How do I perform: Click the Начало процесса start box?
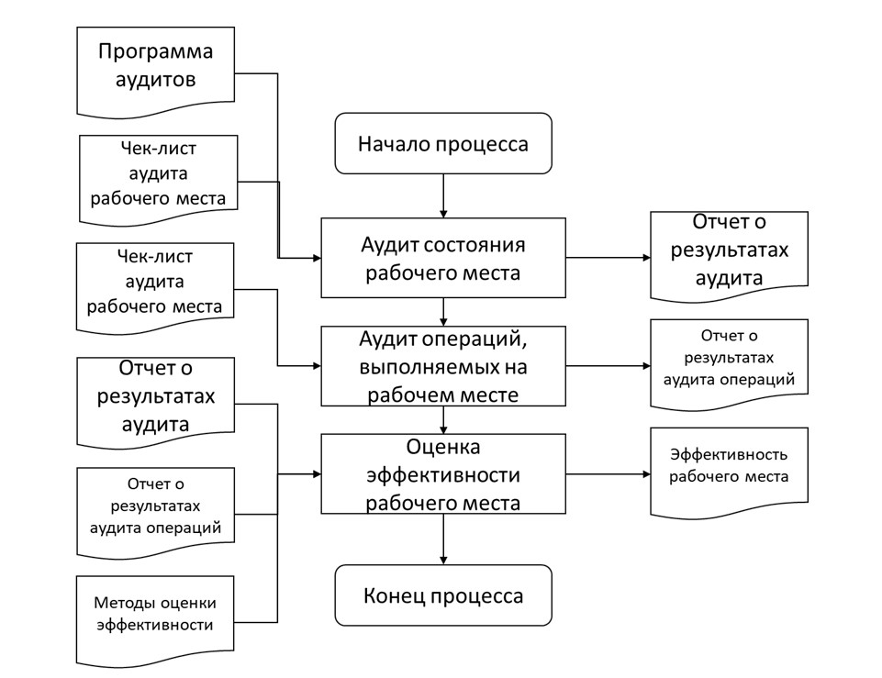[443, 143]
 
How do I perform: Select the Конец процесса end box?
[443, 595]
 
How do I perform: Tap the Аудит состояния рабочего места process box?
[443, 258]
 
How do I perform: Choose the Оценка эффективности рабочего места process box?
[443, 473]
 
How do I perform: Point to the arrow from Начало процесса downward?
[443, 195]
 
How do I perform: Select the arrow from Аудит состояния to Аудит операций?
[443, 312]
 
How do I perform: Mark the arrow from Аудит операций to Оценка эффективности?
[443, 419]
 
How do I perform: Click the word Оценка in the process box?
[443, 447]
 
